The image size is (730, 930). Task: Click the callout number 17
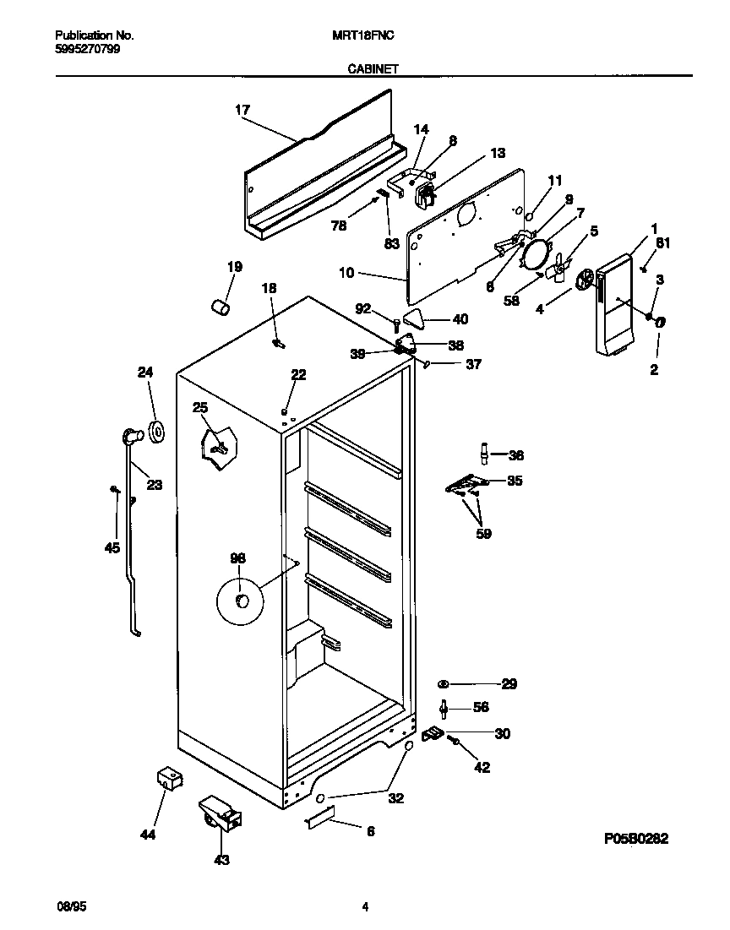[x=242, y=109]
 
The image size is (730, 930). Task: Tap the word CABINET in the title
[x=373, y=72]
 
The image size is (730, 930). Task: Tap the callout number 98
[x=237, y=557]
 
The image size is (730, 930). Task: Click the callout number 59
[x=483, y=534]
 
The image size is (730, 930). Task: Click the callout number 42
[x=482, y=768]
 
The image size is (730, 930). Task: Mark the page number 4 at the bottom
[x=365, y=907]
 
